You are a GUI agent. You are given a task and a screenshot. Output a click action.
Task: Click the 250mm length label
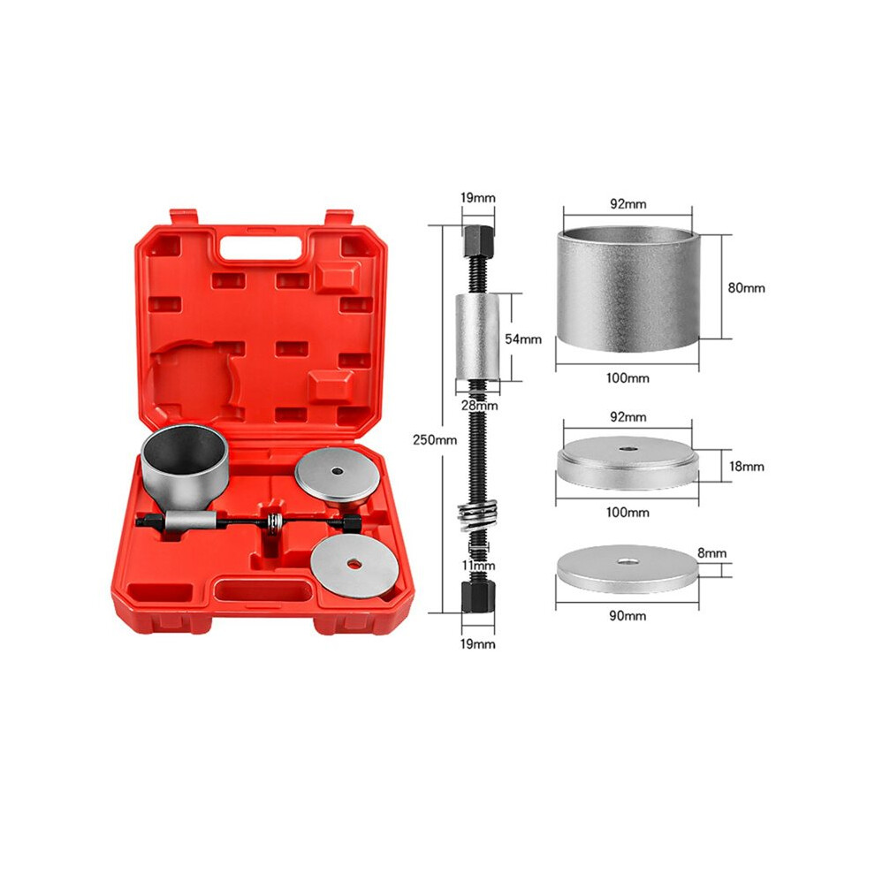tap(435, 440)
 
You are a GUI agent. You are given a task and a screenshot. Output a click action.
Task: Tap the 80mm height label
tap(746, 288)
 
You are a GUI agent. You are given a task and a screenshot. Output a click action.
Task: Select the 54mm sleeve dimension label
tap(523, 339)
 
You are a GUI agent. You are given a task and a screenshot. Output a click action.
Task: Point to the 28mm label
tap(479, 406)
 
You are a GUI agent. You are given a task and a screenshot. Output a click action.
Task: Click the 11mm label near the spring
tap(478, 566)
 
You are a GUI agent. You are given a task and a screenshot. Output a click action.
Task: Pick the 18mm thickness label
tap(746, 466)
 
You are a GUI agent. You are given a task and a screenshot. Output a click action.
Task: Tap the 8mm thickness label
tap(712, 553)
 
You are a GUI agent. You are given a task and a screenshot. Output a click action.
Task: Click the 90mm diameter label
tap(628, 616)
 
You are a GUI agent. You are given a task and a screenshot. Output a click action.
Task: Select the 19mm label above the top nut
tap(477, 198)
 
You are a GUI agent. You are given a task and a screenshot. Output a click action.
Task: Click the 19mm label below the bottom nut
tap(477, 644)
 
